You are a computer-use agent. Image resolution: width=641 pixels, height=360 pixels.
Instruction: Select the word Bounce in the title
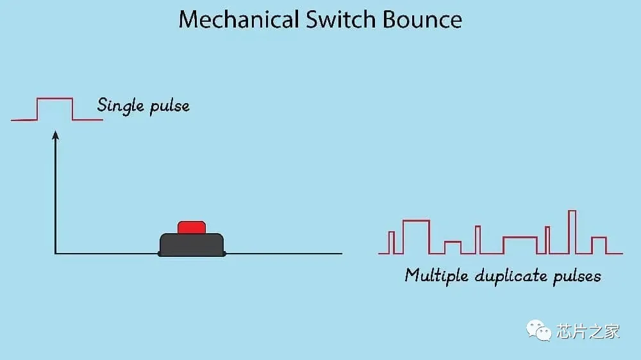(422, 19)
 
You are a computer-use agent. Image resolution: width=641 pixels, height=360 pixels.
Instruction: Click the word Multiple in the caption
(437, 275)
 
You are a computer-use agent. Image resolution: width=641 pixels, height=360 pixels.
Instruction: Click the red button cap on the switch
(192, 227)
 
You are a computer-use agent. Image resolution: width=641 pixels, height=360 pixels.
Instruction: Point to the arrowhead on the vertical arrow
(56, 135)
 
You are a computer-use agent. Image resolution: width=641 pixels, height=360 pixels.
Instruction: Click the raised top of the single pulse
(54, 99)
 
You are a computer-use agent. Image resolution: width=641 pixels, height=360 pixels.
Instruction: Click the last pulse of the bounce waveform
(599, 245)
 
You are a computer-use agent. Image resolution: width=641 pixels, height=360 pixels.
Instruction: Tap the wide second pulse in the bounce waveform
(416, 236)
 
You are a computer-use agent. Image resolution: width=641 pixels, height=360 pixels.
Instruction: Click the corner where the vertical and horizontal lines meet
(56, 254)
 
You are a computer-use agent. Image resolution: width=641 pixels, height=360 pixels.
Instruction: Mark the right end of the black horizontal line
(341, 254)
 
